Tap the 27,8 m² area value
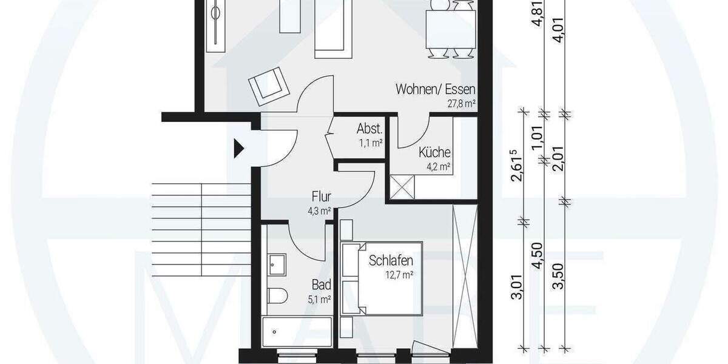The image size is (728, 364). [x=460, y=104]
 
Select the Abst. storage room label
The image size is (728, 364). [x=369, y=129]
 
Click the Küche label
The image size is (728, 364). [x=434, y=153]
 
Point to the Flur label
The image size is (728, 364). [x=320, y=197]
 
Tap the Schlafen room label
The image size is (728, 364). [x=391, y=261]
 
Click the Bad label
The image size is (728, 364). [x=321, y=284]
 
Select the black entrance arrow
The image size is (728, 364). [x=239, y=147]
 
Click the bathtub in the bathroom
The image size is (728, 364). [x=295, y=332]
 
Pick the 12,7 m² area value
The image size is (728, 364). [x=399, y=275]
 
